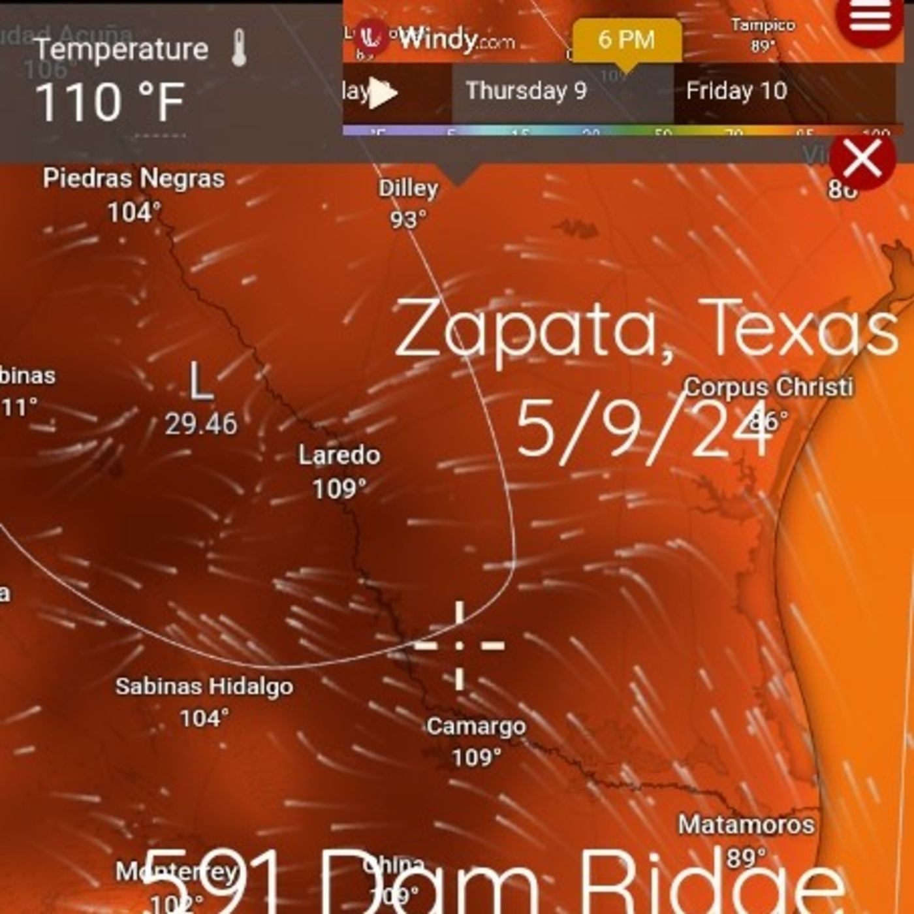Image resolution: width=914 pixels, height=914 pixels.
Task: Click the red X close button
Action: [x=862, y=159]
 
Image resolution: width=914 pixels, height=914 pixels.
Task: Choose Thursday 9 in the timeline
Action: [x=526, y=91]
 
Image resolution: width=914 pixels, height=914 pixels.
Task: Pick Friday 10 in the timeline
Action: [x=736, y=91]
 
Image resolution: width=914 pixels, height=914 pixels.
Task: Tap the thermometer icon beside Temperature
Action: [x=239, y=48]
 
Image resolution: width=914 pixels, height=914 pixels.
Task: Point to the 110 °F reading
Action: [x=110, y=102]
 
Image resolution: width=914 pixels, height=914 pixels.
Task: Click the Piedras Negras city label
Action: [x=134, y=178]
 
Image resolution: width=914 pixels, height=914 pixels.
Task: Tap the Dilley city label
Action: [x=409, y=189]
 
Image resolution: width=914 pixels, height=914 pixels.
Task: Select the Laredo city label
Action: [x=339, y=455]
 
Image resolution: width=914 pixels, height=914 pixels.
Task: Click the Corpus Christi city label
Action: [x=768, y=386]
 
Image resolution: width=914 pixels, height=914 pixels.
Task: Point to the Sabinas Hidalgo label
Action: [x=204, y=686]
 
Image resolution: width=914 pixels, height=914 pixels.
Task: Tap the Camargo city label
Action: [x=476, y=726]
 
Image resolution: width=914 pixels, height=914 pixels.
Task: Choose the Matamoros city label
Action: [x=746, y=825]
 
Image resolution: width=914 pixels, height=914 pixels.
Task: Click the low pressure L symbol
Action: [x=201, y=382]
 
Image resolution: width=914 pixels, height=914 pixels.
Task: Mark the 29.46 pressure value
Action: [x=201, y=424]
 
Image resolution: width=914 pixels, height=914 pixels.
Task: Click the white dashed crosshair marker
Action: [x=460, y=645]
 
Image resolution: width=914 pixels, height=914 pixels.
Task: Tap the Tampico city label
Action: [x=763, y=25]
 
